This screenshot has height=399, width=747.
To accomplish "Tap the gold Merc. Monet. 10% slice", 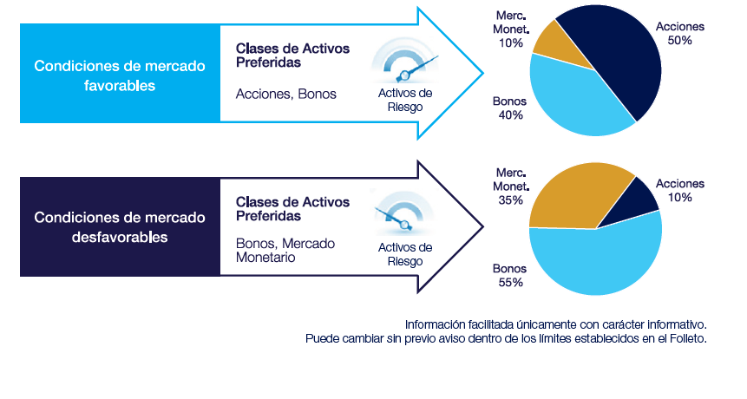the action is (553, 45).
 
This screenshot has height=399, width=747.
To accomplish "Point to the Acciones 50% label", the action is (680, 33).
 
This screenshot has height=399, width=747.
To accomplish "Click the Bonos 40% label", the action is (510, 108).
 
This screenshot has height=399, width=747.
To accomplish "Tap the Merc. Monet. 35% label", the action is (511, 186).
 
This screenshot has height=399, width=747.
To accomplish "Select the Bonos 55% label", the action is (510, 275).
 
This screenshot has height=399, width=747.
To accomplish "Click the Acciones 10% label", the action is (680, 191).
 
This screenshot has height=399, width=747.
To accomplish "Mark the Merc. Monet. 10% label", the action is (511, 29).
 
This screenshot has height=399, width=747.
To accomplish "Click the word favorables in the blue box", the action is (120, 86).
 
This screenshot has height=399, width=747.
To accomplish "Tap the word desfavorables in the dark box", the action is (120, 237).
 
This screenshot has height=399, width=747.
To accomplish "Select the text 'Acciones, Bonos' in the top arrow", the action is (285, 94).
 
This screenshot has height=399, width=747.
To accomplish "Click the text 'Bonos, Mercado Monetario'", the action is (285, 251).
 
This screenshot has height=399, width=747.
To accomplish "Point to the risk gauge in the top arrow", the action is (405, 62).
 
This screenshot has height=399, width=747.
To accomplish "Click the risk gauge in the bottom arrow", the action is (404, 213).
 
